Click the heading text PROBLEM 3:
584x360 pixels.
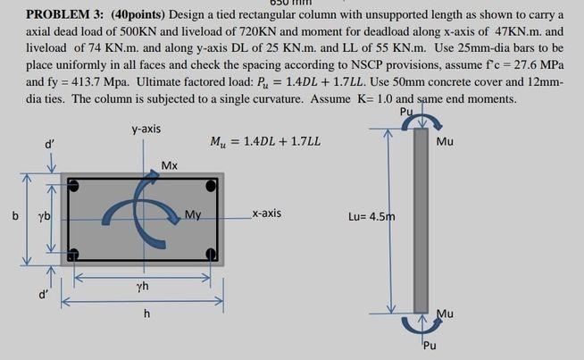pyautogui.click(x=66, y=15)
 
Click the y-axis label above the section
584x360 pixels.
pyautogui.click(x=146, y=130)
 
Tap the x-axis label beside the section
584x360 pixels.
pyautogui.click(x=266, y=214)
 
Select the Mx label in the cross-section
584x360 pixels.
pyautogui.click(x=171, y=165)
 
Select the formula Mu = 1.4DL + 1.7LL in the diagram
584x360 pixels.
pyautogui.click(x=265, y=143)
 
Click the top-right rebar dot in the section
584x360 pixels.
pyautogui.click(x=210, y=186)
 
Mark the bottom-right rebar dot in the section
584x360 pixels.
pyautogui.click(x=210, y=255)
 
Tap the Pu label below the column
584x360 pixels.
pyautogui.click(x=430, y=346)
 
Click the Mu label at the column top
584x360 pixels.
pyautogui.click(x=446, y=142)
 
